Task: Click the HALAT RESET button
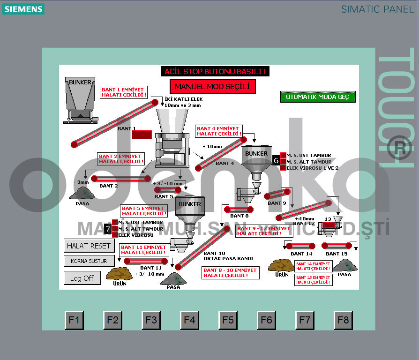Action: click(89, 246)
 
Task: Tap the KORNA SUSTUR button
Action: click(89, 261)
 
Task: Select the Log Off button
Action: click(82, 278)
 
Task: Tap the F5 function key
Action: click(228, 320)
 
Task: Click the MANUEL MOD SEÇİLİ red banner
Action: click(212, 86)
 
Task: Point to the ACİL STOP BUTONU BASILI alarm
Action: click(215, 72)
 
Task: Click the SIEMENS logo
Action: click(23, 9)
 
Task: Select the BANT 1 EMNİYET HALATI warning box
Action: click(124, 92)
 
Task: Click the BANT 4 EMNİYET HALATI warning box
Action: click(219, 131)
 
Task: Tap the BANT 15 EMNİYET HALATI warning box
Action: click(313, 280)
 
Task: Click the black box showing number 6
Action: click(276, 160)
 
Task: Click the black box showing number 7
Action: click(108, 229)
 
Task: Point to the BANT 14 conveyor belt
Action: click(300, 246)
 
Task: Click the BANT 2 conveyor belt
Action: click(121, 178)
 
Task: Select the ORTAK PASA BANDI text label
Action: click(228, 258)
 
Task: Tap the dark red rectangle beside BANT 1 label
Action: click(142, 135)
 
